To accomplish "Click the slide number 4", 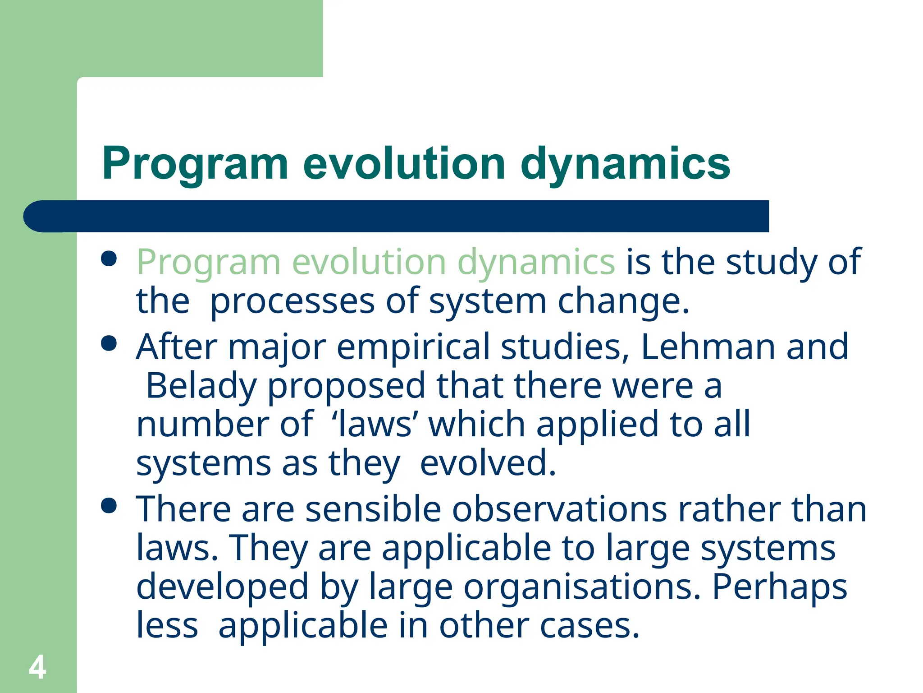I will click(37, 667).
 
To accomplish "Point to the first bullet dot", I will click(109, 259).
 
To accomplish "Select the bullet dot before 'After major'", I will click(109, 344).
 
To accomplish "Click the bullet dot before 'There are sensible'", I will click(109, 506).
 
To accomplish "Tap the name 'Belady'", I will click(201, 386).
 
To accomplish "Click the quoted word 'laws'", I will click(375, 425).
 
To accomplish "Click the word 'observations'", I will click(559, 509).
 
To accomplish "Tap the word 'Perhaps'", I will click(780, 587).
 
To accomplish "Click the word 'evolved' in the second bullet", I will click(488, 463).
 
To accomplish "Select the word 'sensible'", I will click(373, 509).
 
